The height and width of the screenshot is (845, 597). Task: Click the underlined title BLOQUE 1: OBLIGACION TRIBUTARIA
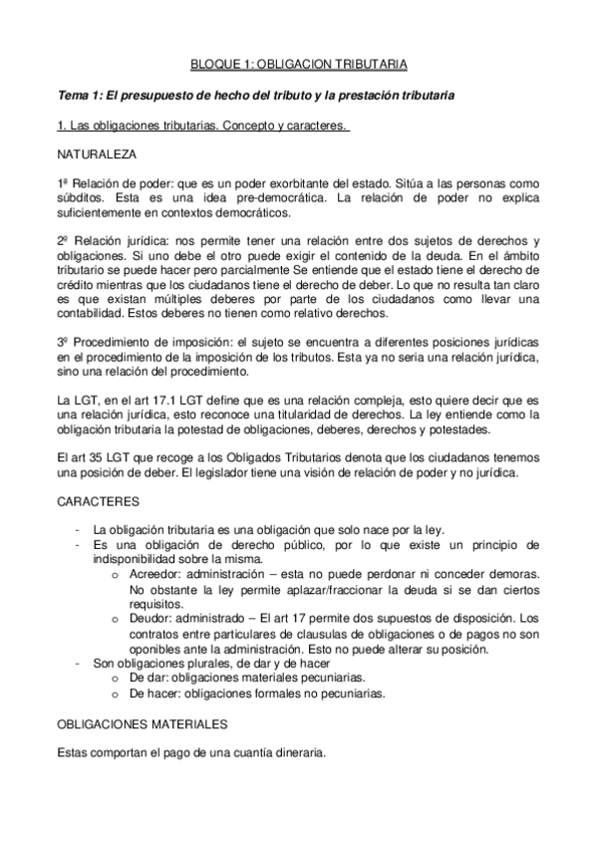(298, 66)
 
